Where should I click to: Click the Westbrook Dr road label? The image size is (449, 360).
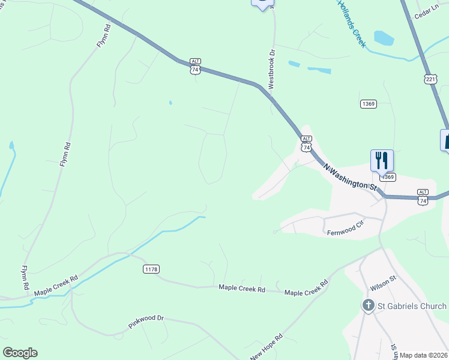(x=272, y=70)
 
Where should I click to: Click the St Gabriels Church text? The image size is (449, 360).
(x=411, y=307)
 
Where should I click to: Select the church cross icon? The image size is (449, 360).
(x=368, y=306)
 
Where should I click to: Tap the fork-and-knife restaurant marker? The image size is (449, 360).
(x=382, y=161)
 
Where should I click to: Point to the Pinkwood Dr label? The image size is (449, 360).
(x=146, y=322)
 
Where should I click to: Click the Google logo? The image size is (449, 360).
(x=20, y=353)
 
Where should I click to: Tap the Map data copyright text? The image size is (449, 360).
(x=424, y=355)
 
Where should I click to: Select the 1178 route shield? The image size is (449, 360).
(x=151, y=269)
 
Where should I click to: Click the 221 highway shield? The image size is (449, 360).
(x=430, y=79)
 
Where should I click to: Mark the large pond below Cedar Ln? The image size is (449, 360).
(x=384, y=38)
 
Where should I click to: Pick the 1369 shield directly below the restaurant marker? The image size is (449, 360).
(x=388, y=177)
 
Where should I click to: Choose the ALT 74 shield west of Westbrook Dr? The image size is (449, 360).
(x=194, y=66)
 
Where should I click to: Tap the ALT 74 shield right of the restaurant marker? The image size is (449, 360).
(x=423, y=197)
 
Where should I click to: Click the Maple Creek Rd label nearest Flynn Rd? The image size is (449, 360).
(x=56, y=287)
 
